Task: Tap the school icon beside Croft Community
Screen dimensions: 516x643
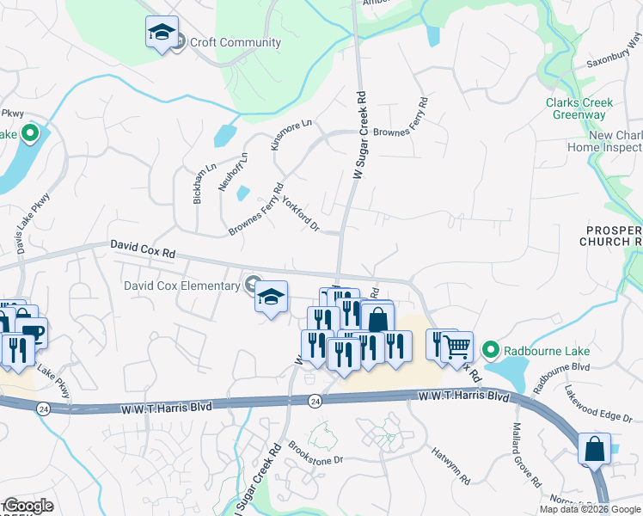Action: [162, 33]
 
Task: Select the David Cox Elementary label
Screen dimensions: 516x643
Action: [181, 286]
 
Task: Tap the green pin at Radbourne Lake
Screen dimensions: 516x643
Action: [490, 349]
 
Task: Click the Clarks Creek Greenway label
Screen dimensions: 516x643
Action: [580, 108]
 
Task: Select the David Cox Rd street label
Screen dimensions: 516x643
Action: [142, 249]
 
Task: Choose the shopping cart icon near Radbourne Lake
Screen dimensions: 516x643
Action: [457, 346]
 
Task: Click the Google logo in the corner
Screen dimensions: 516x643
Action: [28, 507]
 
